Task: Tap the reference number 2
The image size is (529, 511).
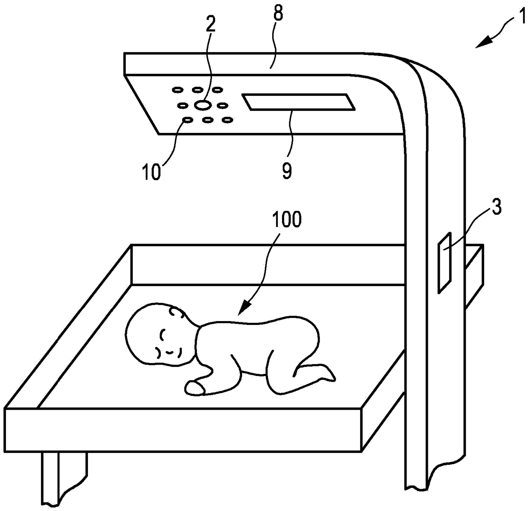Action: [x=210, y=25]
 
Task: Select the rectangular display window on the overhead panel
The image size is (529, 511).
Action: [x=299, y=103]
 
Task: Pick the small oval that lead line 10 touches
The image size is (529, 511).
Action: [x=186, y=121]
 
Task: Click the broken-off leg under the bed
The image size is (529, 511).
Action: [x=64, y=477]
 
